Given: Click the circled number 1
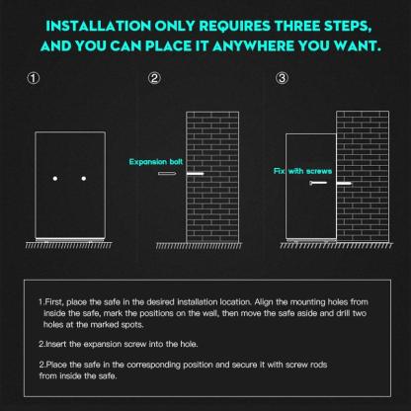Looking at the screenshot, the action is point(33,78).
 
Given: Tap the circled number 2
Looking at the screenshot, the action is point(154,78).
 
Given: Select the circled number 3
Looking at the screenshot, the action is point(282,78).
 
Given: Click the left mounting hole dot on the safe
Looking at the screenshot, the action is point(55,179).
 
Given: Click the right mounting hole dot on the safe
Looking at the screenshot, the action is point(84,179).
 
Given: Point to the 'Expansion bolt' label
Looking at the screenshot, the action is point(156,162).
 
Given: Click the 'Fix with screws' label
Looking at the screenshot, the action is point(302,171).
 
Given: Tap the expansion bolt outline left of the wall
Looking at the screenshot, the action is point(167,174).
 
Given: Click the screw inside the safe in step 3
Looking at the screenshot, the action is point(318,183).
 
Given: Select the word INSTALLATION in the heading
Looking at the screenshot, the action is point(98,26).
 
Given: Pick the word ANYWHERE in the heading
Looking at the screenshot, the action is point(253,46).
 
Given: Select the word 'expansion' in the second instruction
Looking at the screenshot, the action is point(103,345).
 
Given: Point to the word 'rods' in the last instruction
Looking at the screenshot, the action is point(319,365).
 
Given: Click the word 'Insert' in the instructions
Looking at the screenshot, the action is point(55,345).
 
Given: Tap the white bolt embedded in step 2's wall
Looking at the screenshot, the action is point(196,174).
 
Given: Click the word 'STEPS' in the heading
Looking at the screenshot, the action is point(348,26).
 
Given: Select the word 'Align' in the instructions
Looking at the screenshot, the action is point(263,302).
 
